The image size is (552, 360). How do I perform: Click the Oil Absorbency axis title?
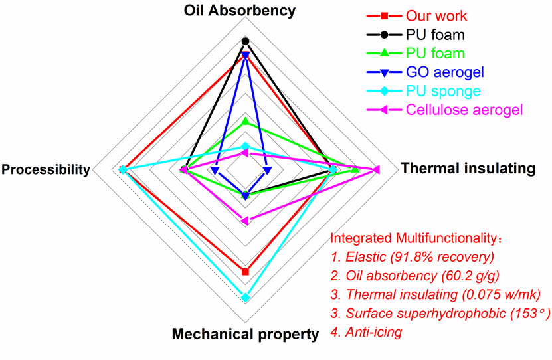[245, 11]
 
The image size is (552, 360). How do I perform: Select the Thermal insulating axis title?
[468, 169]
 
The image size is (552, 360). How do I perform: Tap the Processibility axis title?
[46, 170]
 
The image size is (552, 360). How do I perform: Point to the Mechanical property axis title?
[245, 334]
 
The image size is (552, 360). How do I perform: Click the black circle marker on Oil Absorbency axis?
[245, 41]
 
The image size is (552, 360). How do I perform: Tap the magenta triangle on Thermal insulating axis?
[377, 170]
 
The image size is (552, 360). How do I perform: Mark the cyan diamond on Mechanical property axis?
[245, 298]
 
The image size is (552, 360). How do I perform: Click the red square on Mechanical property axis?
[245, 272]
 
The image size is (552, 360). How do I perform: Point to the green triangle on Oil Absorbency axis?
[245, 121]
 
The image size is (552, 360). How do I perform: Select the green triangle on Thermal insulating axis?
[355, 170]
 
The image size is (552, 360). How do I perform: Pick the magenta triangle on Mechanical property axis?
[244, 220]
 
